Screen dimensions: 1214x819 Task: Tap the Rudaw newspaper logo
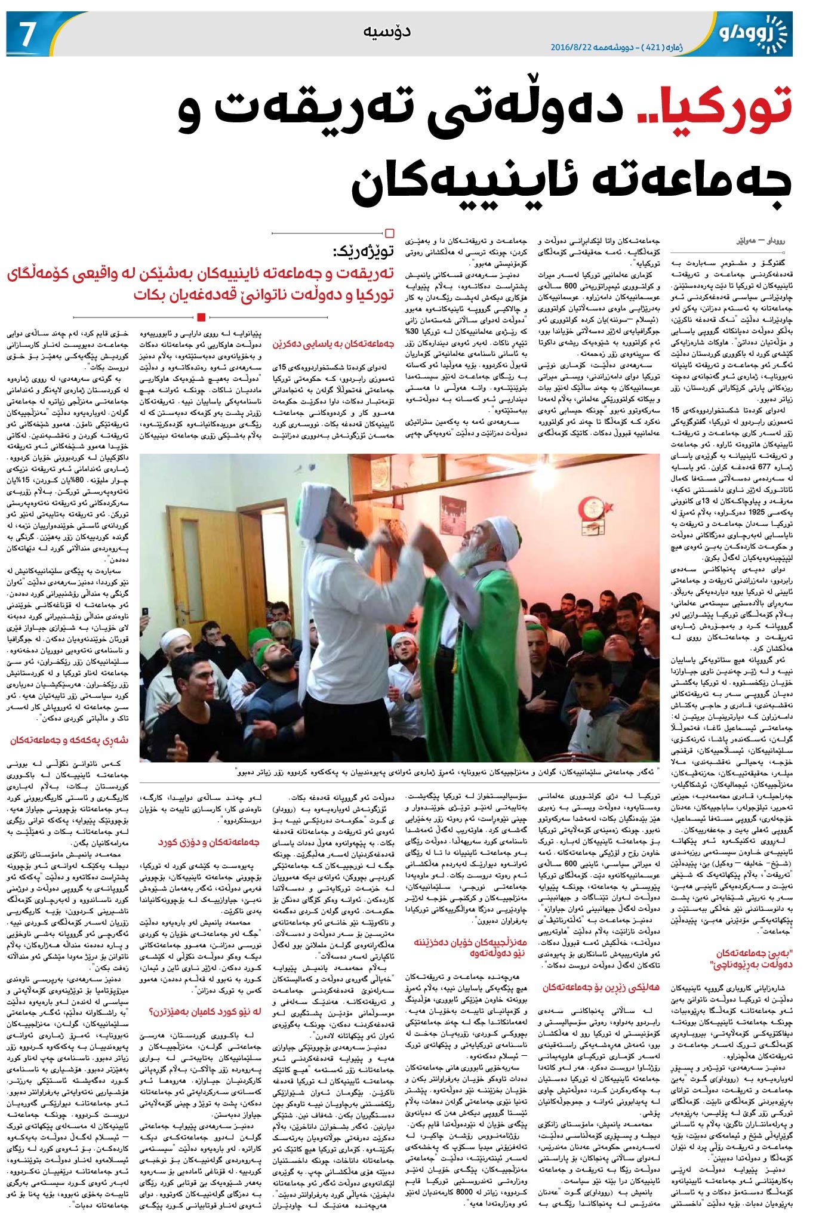pos(753,30)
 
